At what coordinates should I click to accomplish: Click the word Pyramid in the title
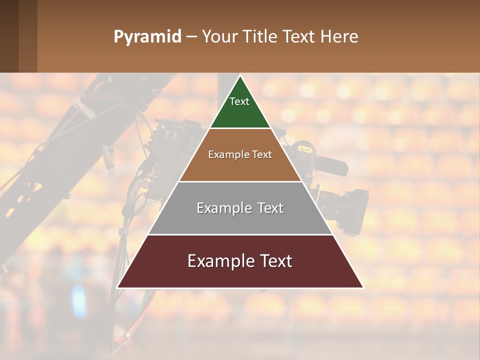[147, 37]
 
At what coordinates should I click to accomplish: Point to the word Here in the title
[339, 37]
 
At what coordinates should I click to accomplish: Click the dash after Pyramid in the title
[191, 37]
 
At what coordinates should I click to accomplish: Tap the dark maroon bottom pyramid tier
[240, 275]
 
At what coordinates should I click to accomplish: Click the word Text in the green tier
[239, 101]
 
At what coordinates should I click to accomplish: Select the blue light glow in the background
[78, 300]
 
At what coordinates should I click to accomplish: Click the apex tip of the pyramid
[240, 76]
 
